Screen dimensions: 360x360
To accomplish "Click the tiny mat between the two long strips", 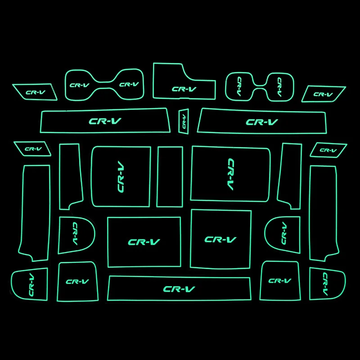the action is [184, 121].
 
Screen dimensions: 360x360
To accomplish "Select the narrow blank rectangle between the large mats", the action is [170, 176].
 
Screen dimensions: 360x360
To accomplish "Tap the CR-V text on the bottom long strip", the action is [179, 289].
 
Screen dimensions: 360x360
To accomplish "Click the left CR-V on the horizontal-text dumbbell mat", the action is [79, 85].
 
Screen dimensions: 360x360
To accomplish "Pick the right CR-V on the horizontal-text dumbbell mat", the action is [129, 84].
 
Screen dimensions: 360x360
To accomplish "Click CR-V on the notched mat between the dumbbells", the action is [184, 89].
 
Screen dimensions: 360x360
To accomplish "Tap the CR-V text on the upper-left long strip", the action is [105, 121].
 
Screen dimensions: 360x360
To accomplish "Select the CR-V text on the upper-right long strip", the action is [262, 121].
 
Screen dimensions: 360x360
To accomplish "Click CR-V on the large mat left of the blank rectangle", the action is [121, 176].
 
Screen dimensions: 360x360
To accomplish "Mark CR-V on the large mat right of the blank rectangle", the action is [230, 174].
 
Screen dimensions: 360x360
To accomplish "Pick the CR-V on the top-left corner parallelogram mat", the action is [36, 93].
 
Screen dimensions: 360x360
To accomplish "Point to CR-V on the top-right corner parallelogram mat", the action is [323, 94].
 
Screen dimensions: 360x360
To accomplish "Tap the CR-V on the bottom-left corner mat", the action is [31, 284].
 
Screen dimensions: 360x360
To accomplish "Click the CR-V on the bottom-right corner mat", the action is [325, 284].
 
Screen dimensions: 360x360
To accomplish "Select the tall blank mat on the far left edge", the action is [35, 211].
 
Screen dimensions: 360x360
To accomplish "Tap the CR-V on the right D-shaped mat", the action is [283, 232].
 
